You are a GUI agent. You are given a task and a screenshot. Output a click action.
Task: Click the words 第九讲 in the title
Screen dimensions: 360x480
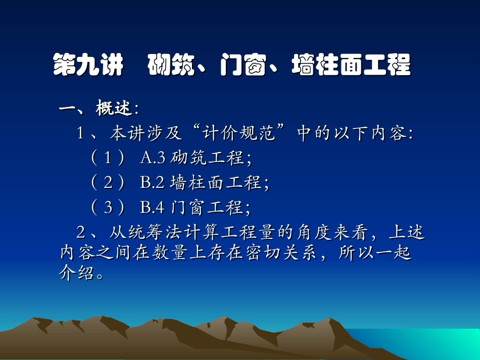tap(88, 66)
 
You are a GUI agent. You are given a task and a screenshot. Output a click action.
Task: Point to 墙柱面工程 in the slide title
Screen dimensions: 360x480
tap(351, 66)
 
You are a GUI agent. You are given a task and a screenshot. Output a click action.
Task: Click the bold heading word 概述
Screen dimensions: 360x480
tap(114, 108)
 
